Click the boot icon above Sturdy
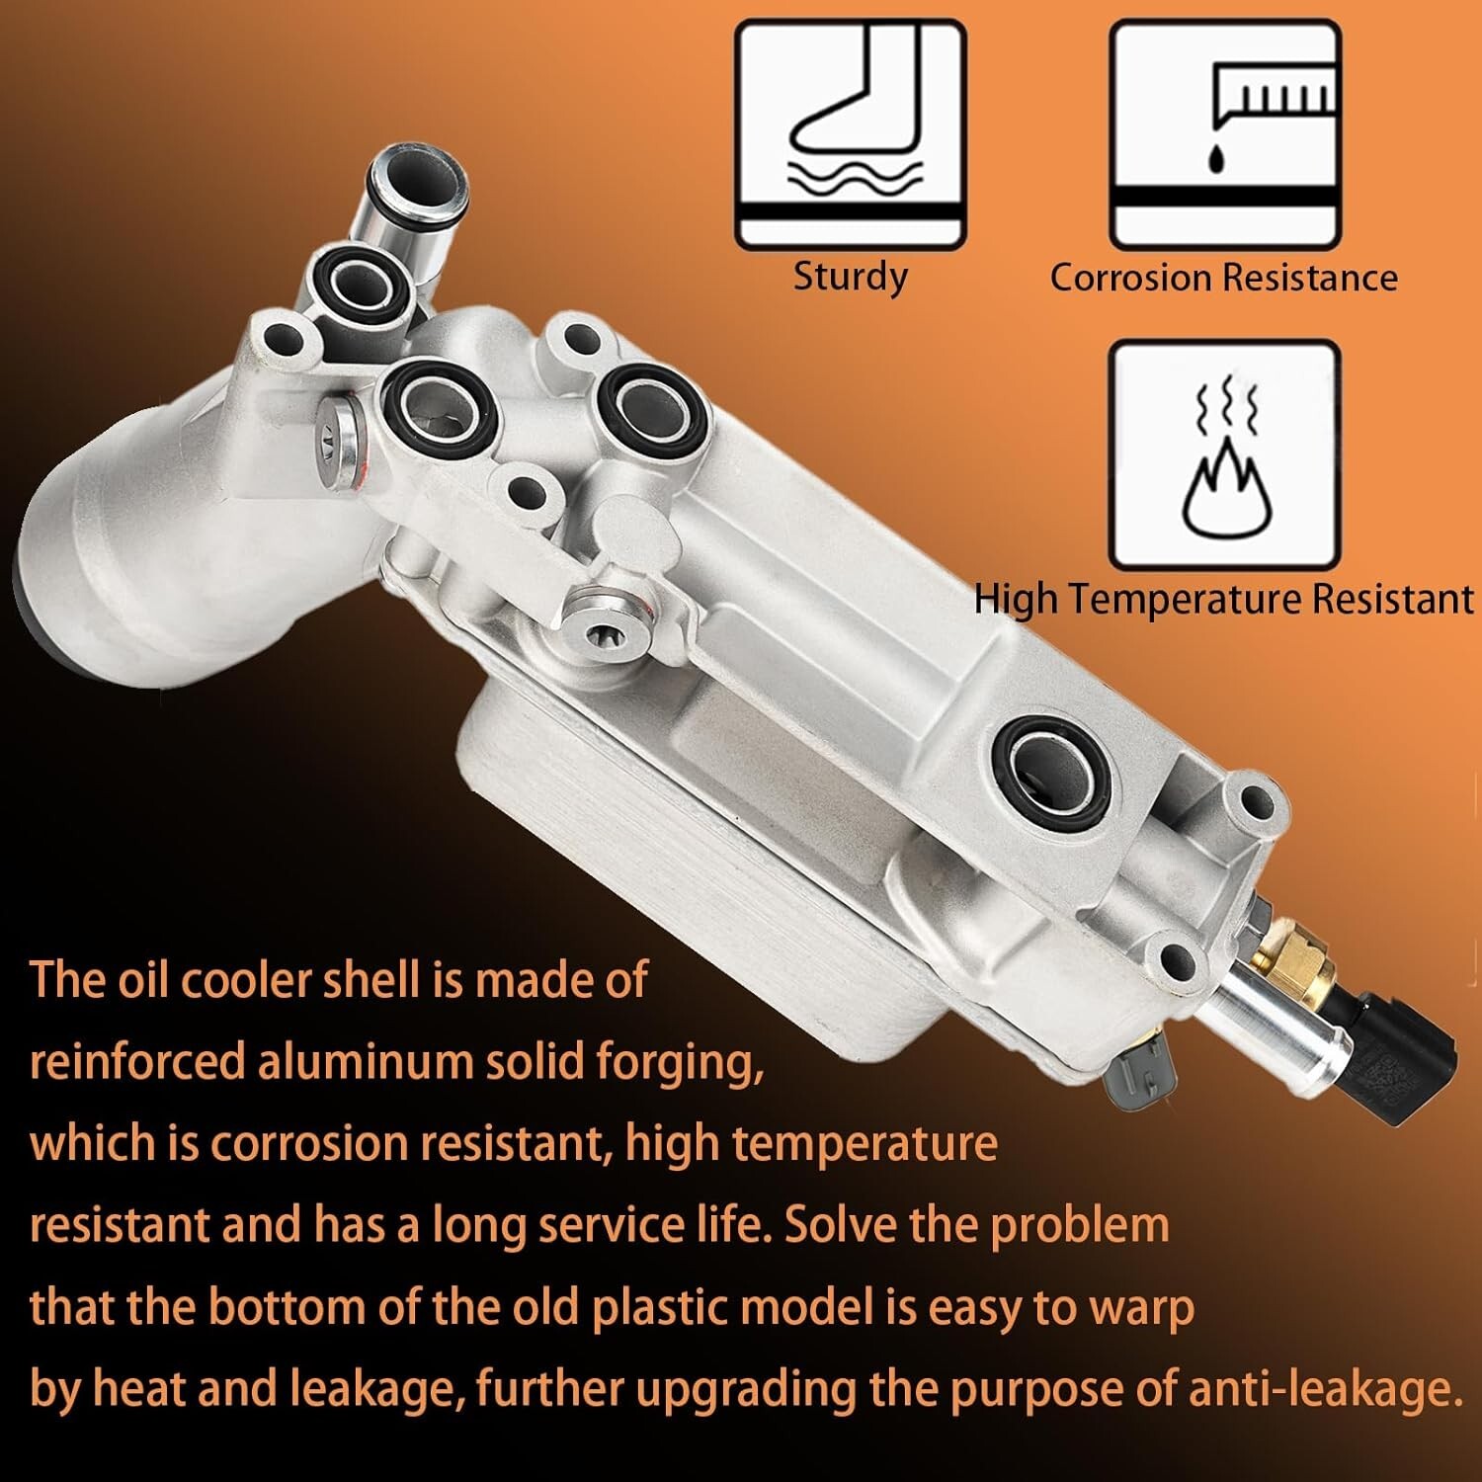click(850, 134)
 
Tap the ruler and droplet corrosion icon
click(1225, 134)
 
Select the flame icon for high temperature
click(1225, 455)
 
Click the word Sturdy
click(851, 278)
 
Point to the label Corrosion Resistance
click(1223, 278)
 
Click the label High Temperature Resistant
click(1224, 600)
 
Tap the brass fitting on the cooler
click(1290, 974)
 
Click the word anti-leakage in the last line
click(1324, 1389)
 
